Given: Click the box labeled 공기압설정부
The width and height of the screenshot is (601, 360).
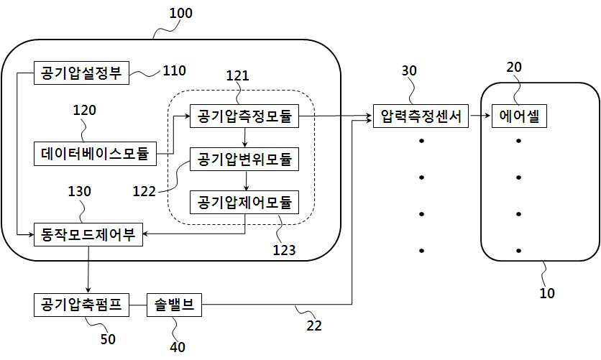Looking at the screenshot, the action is click(x=81, y=73).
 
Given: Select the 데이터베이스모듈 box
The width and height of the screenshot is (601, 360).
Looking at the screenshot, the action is click(x=95, y=154).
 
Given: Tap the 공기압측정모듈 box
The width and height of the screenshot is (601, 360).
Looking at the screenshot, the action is click(x=244, y=116).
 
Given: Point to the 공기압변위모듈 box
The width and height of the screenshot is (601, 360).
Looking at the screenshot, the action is click(x=244, y=159).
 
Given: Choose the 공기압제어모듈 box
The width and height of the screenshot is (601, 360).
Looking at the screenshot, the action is click(x=244, y=202).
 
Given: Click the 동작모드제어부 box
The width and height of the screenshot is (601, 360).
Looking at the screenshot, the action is click(x=88, y=234).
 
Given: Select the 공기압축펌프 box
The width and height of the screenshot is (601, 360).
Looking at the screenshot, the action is click(x=81, y=305).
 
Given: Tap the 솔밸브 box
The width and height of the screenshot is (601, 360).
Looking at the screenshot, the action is click(x=174, y=305).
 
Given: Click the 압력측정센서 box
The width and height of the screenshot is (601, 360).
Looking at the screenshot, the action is click(x=421, y=116).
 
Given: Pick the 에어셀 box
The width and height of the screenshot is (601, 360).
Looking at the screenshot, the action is click(x=519, y=116).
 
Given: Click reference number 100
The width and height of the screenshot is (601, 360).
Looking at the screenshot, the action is click(x=181, y=14).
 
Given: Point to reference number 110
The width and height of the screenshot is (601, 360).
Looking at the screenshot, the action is click(x=175, y=70).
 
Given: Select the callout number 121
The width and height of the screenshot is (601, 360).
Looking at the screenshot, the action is click(x=238, y=76).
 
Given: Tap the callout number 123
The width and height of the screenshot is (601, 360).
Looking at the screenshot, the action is click(x=284, y=250).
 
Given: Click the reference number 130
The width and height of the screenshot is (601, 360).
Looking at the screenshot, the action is click(x=79, y=191).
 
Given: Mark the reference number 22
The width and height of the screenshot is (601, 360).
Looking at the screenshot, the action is click(x=314, y=326).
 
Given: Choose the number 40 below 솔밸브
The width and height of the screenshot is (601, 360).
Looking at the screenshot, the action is click(x=178, y=347).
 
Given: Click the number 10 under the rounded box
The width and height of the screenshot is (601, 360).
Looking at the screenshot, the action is click(x=547, y=293).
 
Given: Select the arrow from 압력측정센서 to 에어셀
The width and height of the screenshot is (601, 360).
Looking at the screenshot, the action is click(x=480, y=116).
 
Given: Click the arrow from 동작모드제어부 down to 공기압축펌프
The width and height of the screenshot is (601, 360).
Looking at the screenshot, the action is click(x=88, y=269).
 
